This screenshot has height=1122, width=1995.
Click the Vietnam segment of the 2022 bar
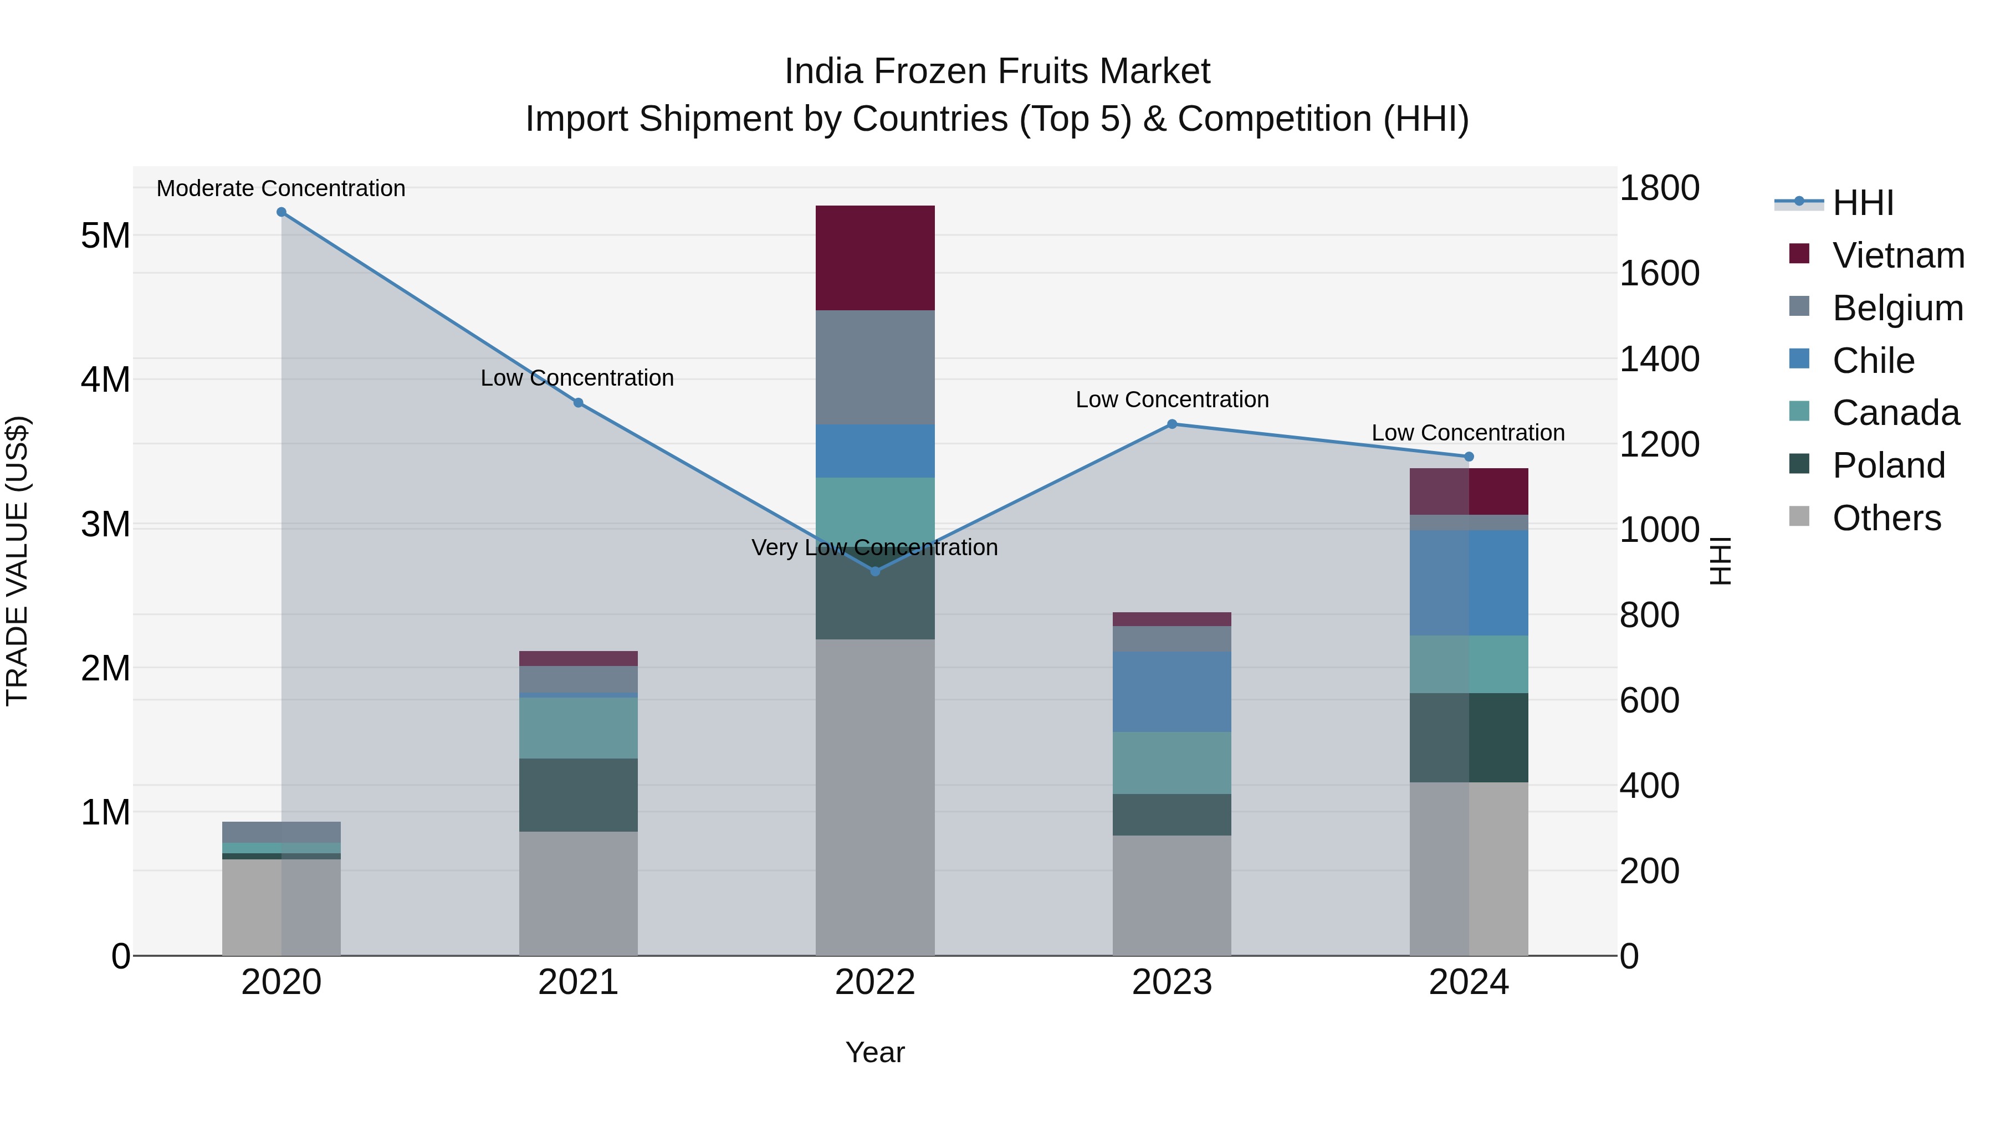click(x=875, y=258)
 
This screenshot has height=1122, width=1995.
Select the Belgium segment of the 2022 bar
click(x=875, y=367)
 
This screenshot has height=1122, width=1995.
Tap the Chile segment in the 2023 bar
click(x=1172, y=691)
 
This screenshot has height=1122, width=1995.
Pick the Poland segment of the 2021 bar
click(x=578, y=795)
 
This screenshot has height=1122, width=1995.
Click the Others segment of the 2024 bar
click(x=1469, y=868)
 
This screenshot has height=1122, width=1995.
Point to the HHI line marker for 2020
click(x=281, y=212)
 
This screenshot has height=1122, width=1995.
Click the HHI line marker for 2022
click(x=875, y=571)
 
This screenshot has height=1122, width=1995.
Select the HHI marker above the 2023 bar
click(x=1172, y=424)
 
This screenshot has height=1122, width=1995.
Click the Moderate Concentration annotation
click(x=281, y=188)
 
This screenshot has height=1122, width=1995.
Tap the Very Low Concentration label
click(x=875, y=547)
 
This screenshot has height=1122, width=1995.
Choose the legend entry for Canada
click(x=1895, y=413)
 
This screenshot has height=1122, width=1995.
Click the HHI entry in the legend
click(x=1863, y=203)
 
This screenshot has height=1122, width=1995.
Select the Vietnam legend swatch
click(x=1799, y=254)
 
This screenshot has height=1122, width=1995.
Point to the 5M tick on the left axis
click(x=105, y=235)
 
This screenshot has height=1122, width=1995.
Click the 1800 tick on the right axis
click(x=1660, y=188)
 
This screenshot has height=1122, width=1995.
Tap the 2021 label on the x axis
click(x=578, y=982)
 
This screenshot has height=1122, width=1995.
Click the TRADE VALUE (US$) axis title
click(x=17, y=561)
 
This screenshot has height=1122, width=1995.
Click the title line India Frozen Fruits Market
click(x=997, y=71)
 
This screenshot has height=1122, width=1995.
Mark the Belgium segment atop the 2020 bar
click(x=281, y=832)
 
